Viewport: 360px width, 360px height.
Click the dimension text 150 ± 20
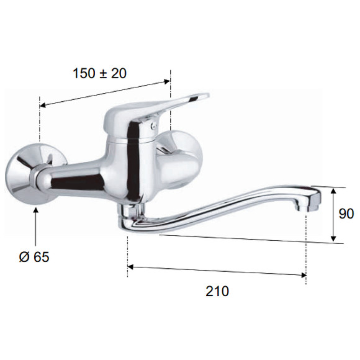pyautogui.click(x=99, y=73)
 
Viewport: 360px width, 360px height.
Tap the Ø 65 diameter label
pyautogui.click(x=34, y=257)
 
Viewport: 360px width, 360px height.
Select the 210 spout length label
pyautogui.click(x=217, y=291)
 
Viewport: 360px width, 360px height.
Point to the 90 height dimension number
pyautogui.click(x=346, y=214)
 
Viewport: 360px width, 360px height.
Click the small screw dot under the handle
pyautogui.click(x=154, y=125)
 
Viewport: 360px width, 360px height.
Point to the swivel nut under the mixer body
pyautogui.click(x=132, y=210)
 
